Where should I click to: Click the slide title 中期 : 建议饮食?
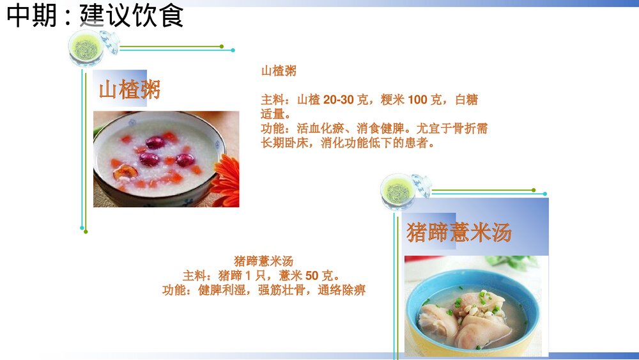click(95, 16)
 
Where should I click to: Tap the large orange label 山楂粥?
click(129, 90)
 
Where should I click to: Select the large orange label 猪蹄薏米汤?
click(459, 232)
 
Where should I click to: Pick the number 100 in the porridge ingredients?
click(417, 100)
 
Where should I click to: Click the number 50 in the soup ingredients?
click(312, 276)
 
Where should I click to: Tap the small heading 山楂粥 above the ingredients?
click(279, 71)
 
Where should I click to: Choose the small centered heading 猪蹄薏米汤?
click(263, 261)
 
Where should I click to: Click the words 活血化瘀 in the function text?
click(320, 129)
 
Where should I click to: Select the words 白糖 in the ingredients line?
click(466, 100)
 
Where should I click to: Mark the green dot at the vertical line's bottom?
click(86, 231)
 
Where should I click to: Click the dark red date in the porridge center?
click(155, 142)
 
